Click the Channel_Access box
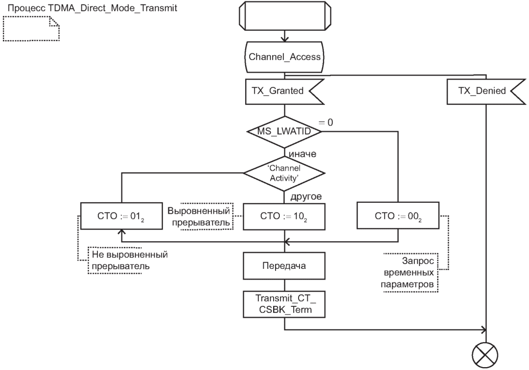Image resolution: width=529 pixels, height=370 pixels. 285,58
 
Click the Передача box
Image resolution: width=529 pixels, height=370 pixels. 285,265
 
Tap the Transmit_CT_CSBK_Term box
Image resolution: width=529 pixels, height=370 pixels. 285,303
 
